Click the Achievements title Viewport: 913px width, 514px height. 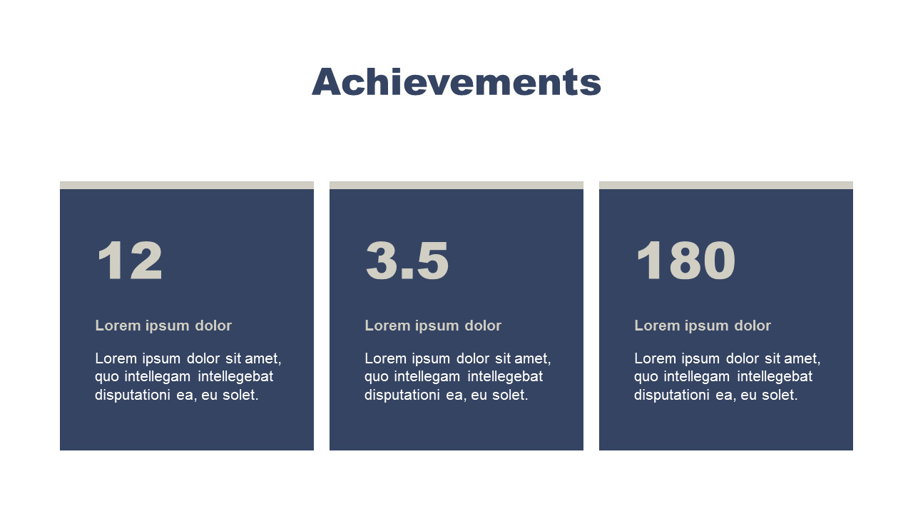tap(456, 82)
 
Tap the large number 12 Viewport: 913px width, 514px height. tap(130, 261)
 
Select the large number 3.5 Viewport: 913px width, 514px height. tap(407, 261)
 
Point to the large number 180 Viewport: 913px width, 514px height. tap(685, 261)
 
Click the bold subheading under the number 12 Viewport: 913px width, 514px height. tap(163, 326)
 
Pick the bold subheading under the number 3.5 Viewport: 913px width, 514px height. tap(433, 326)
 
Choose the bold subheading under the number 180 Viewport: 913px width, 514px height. tap(703, 326)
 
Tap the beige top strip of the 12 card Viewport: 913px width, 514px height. tap(187, 185)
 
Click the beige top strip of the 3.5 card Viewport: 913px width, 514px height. tap(456, 185)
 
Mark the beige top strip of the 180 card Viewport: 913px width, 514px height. tap(726, 185)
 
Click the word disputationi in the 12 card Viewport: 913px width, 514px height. tap(133, 395)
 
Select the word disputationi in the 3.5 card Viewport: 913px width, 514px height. tap(402, 395)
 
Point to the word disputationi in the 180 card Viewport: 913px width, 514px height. tap(672, 395)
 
